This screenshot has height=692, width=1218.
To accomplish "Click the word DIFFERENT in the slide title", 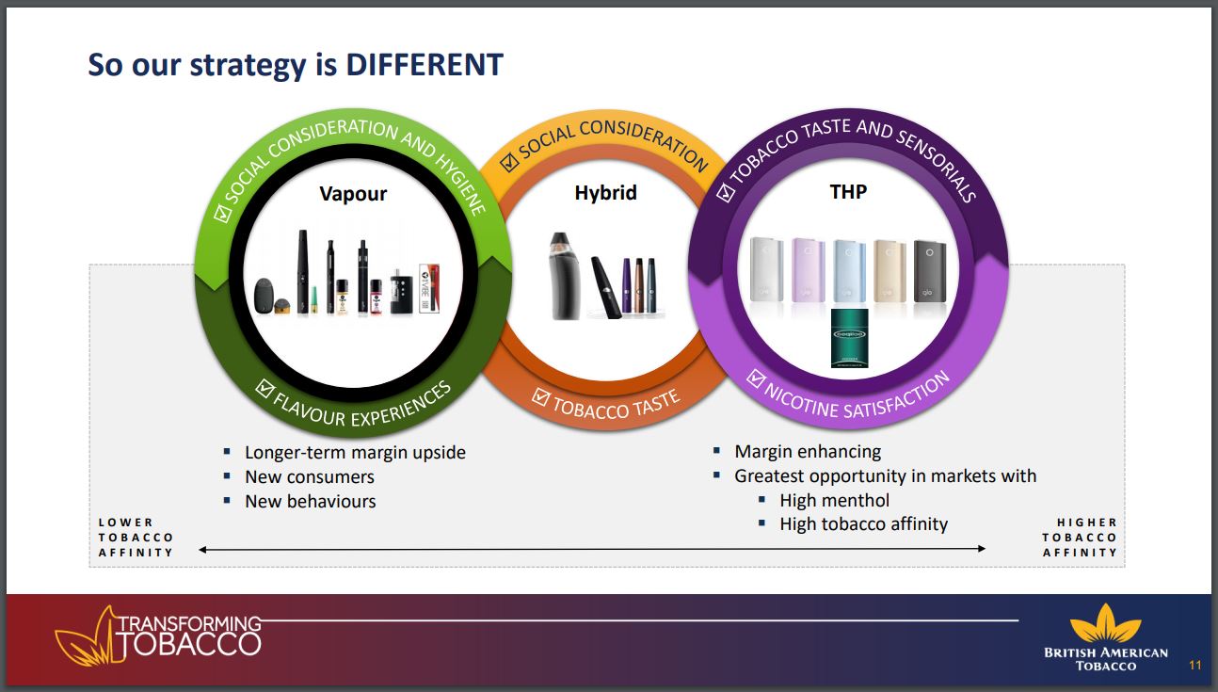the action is point(425,65).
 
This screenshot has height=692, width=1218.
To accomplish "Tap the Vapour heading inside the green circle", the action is point(353,194).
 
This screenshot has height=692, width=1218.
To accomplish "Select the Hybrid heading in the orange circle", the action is point(605,193).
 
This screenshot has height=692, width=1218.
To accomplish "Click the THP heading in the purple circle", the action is point(848,191).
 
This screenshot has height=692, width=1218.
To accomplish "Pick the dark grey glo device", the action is point(930,271).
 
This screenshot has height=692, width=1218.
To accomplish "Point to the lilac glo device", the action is point(808,270).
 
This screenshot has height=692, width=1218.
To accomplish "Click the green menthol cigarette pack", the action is point(849,338).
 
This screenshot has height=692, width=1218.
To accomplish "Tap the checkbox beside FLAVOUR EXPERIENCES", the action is point(264,388).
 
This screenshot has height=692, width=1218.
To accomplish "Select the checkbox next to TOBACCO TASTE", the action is point(540,397).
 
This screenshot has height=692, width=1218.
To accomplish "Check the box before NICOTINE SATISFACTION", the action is point(755,378).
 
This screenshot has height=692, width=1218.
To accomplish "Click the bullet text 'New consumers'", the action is point(310,477).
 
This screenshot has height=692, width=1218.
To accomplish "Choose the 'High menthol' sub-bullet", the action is point(834,501).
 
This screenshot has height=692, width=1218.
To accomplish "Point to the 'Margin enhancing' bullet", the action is point(808,452).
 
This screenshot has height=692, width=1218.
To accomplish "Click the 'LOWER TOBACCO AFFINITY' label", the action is point(136,538).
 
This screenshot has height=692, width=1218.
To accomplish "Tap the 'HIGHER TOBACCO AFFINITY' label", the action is point(1080,538).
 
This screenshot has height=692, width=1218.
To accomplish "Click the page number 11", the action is point(1194,665).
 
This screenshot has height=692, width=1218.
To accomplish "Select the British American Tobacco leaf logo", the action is point(1105,623).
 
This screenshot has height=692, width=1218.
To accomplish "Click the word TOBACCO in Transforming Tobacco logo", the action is point(190,644).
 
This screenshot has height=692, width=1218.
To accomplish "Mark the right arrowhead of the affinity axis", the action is point(982,548).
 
